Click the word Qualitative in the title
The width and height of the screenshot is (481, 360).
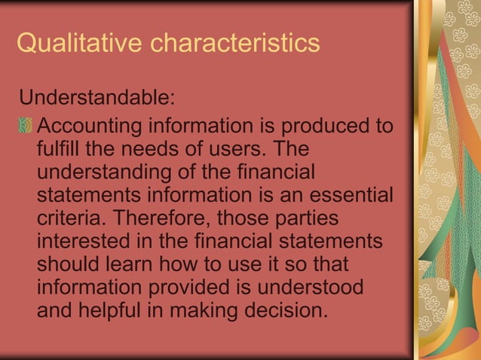pyautogui.click(x=80, y=44)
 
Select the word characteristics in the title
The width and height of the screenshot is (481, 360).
pyautogui.click(x=235, y=44)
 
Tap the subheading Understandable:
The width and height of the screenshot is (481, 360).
pyautogui.click(x=97, y=99)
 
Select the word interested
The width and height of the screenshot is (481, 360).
pyautogui.click(x=80, y=242)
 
